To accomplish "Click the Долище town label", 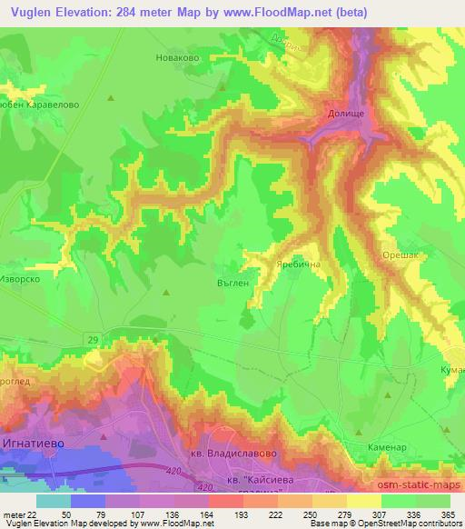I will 346,115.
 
